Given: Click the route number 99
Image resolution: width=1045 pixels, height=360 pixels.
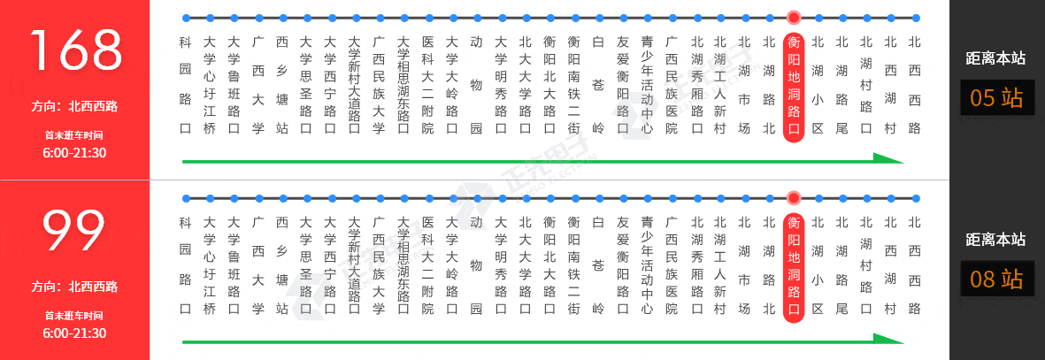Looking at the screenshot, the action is click(74, 231).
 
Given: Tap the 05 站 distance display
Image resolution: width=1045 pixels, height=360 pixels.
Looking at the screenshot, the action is click(996, 98).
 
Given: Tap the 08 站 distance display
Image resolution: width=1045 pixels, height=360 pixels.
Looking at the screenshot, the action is click(996, 279).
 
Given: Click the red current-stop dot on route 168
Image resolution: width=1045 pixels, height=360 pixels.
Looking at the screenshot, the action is click(793, 18).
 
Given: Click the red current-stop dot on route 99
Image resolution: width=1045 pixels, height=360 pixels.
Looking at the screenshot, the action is click(793, 198).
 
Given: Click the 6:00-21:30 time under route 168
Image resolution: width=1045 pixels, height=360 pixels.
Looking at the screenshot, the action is click(74, 153).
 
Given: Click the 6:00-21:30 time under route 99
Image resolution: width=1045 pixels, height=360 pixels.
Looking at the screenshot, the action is click(74, 333).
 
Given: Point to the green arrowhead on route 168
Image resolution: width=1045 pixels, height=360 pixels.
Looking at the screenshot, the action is click(888, 158).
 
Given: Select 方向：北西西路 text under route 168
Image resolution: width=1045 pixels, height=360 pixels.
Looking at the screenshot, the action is click(74, 107).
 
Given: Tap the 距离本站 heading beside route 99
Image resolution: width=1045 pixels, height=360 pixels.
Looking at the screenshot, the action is click(995, 240).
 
